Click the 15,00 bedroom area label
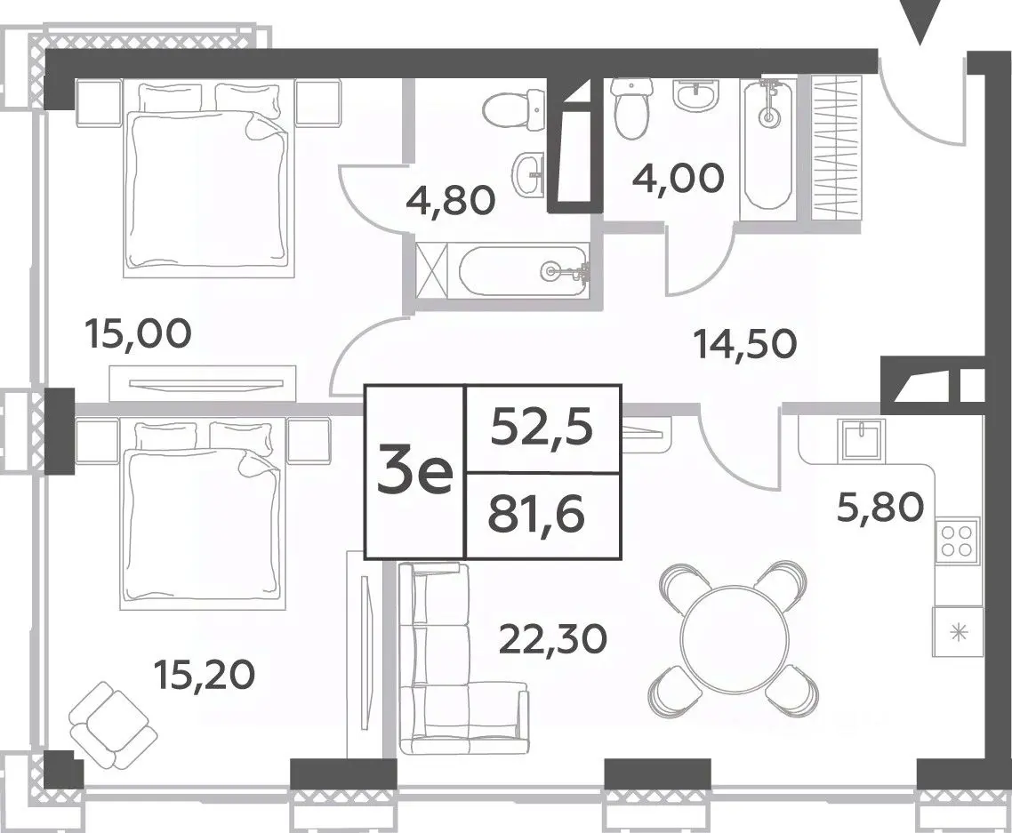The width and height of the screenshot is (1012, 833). tap(138, 334)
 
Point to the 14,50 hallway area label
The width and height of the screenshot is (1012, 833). tap(745, 344)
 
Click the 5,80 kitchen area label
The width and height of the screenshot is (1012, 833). tap(880, 507)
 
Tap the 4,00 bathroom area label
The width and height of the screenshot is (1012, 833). tap(679, 177)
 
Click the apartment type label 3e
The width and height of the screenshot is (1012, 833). tap(415, 472)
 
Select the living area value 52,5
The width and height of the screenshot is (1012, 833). tap(542, 427)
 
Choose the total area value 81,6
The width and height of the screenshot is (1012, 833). tap(536, 515)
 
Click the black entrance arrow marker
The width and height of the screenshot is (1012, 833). tap(920, 22)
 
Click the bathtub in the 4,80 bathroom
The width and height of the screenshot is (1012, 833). tap(524, 271)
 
